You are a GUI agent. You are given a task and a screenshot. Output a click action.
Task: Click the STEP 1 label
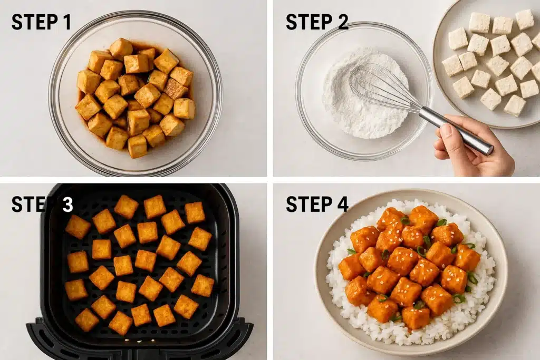tap(41, 22)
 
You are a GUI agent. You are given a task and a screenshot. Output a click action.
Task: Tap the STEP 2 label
tap(317, 22)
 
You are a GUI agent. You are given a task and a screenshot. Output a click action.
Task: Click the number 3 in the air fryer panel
tap(67, 205)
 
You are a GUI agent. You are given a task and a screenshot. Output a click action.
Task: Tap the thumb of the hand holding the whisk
tap(446, 132)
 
